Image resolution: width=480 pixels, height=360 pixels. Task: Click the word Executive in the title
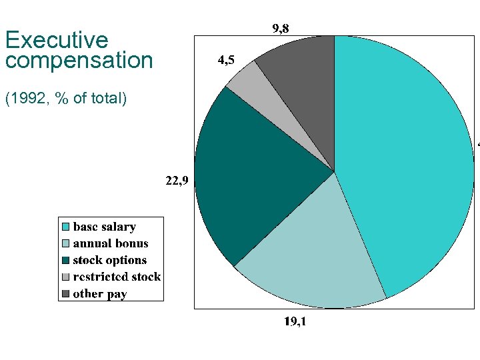click(56, 40)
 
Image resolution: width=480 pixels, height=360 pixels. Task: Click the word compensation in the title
click(79, 61)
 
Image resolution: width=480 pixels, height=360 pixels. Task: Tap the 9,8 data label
click(280, 28)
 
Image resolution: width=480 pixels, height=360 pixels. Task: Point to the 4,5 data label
click(226, 61)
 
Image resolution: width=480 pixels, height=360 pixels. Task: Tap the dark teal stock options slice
click(247, 180)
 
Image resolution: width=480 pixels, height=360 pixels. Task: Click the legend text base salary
click(104, 227)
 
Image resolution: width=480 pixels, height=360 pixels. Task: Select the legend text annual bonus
click(111, 243)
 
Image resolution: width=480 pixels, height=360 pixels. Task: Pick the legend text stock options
click(109, 260)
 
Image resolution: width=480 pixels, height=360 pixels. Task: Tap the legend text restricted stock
click(117, 277)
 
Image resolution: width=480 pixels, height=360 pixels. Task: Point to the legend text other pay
click(99, 293)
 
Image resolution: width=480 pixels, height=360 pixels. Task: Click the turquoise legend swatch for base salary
click(65, 227)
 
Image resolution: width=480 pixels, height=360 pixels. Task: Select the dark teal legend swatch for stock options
click(65, 260)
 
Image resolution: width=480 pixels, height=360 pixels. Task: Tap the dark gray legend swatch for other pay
click(65, 293)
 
